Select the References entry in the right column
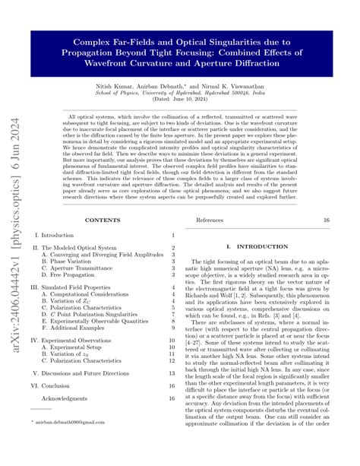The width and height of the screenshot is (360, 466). pos(210,220)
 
